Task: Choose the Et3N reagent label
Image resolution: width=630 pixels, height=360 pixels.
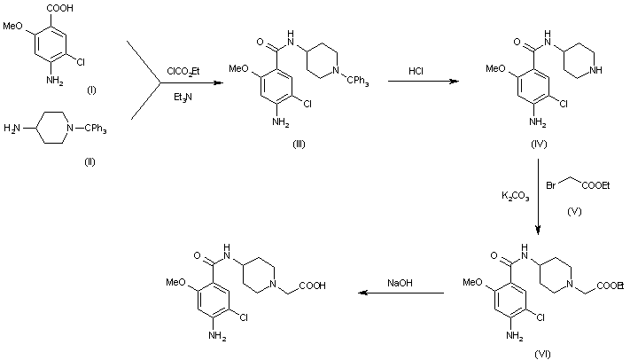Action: point(181,98)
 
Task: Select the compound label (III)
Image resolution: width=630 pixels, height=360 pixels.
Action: point(300,144)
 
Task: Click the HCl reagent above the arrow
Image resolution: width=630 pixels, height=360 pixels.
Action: point(418,69)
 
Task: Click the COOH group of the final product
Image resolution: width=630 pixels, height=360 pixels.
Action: point(312,286)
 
